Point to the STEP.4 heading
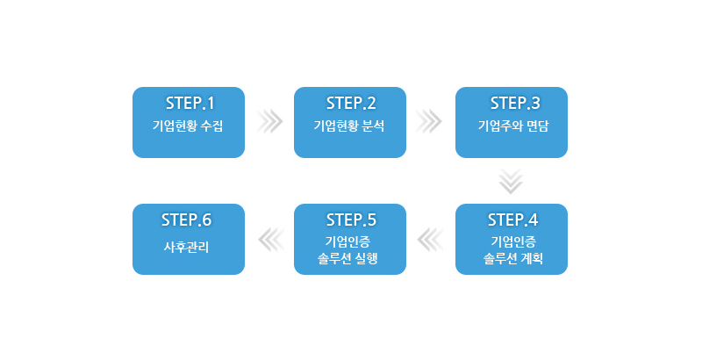[512, 219]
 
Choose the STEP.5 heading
[351, 219]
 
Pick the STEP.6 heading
[187, 219]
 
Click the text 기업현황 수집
[188, 126]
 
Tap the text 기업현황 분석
[349, 126]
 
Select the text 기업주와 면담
[512, 126]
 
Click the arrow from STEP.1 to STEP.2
[269, 121]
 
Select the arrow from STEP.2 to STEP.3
[429, 121]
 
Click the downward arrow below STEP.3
[511, 181]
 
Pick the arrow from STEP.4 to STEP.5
[430, 239]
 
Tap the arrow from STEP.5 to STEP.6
[269, 239]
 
